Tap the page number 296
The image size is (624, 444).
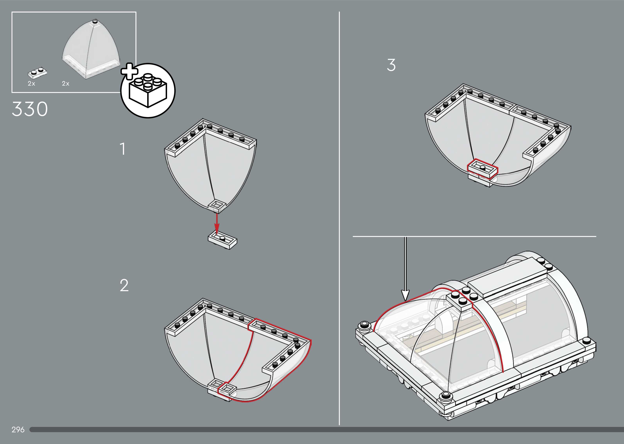18,430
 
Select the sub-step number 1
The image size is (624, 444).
123,149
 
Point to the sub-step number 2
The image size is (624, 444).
124,285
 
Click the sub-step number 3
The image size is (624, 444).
391,65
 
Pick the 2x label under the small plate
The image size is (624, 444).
32,84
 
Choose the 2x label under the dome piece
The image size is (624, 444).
66,84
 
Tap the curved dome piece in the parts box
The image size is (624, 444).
91,49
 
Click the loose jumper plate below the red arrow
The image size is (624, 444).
223,241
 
